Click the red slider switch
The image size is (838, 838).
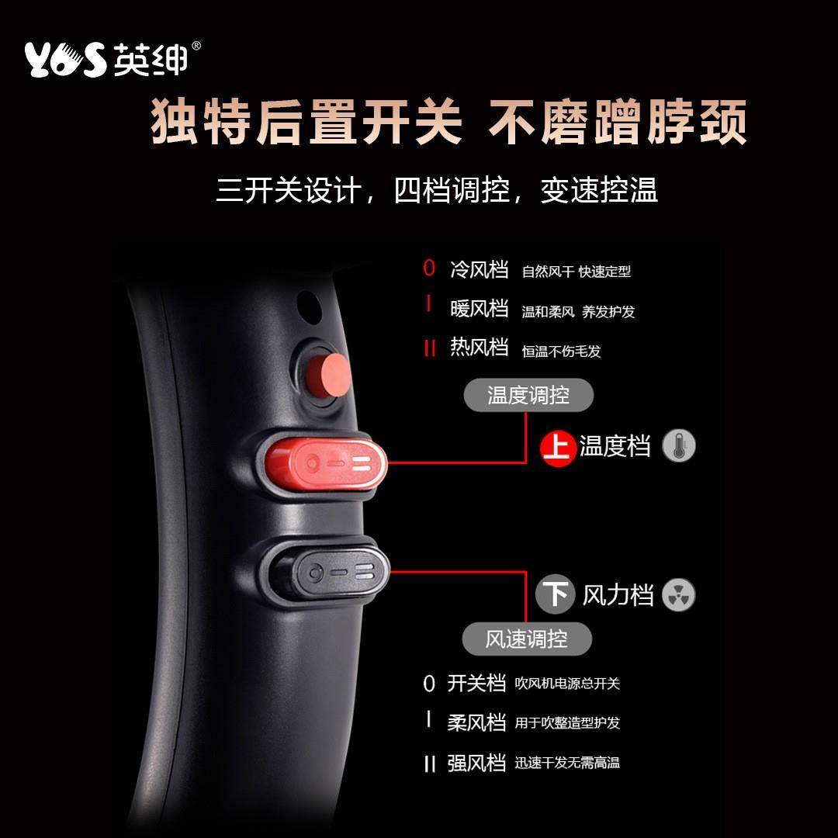[326, 464]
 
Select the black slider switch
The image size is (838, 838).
[326, 574]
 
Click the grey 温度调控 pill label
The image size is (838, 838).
[528, 396]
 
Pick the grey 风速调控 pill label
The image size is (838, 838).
[527, 639]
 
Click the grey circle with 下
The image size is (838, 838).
[556, 595]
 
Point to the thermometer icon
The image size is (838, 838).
[679, 446]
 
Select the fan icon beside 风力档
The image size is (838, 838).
[679, 595]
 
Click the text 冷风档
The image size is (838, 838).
[479, 269]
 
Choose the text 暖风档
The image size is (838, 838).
[479, 309]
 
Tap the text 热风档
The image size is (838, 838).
[479, 348]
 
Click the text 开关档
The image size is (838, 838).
[476, 683]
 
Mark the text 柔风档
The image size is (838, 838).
[476, 722]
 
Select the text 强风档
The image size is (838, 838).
[476, 763]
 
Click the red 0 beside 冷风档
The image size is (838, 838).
[429, 269]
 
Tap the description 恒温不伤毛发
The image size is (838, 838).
[561, 351]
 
